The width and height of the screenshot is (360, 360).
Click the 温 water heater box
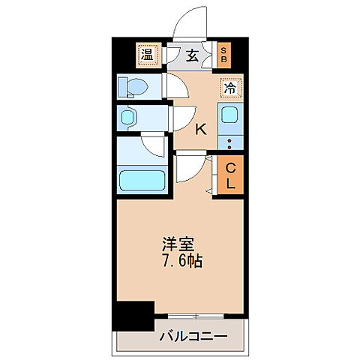point(147,54)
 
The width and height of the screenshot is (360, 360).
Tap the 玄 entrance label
point(191,55)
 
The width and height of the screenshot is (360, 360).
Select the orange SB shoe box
point(223,54)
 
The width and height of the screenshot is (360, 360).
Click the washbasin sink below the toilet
point(128,117)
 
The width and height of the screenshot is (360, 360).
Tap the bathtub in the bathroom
point(142,181)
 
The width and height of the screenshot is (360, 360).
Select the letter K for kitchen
point(200,129)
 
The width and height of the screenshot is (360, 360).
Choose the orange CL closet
point(230,174)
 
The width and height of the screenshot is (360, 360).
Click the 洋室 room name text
point(178,245)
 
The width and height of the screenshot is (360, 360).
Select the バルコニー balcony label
point(193,335)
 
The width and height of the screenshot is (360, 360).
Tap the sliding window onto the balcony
point(199,316)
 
